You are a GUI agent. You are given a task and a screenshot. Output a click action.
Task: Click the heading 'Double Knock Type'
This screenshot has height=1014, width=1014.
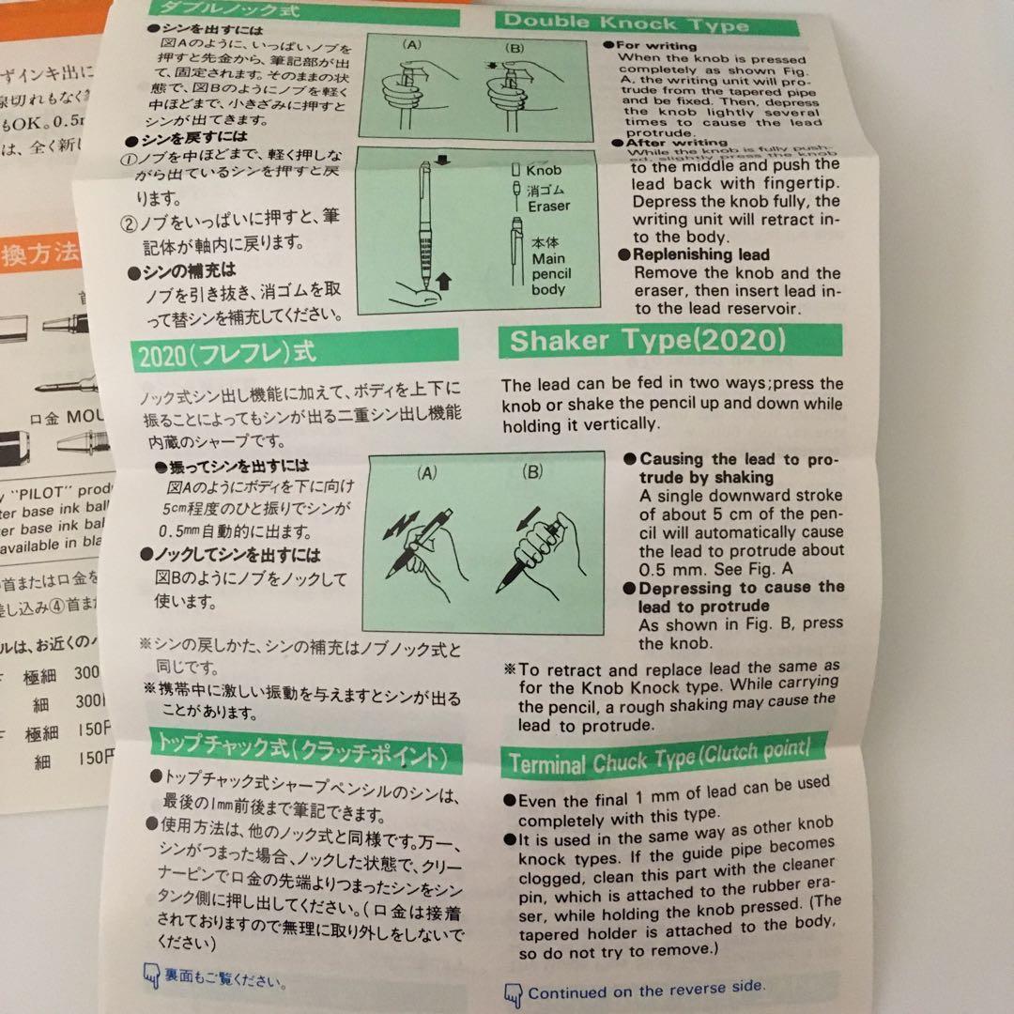coord(626,20)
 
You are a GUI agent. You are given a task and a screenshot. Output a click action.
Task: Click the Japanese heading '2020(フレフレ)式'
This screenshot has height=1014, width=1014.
coord(227,354)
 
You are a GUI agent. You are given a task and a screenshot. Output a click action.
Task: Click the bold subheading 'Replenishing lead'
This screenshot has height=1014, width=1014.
coord(700,254)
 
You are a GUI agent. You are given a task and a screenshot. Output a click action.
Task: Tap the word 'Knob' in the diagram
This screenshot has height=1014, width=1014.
coord(544,172)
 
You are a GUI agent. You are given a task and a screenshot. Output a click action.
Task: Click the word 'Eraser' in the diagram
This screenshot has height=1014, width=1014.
coord(548,206)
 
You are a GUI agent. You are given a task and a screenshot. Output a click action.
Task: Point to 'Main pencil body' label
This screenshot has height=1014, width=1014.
coord(551,267)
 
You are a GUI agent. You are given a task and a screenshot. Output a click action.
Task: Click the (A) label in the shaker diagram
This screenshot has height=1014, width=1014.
coord(427,474)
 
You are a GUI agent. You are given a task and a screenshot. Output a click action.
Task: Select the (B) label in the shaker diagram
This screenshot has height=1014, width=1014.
coord(532,472)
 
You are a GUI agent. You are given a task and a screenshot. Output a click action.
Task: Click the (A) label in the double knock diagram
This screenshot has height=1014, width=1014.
coord(414,44)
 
